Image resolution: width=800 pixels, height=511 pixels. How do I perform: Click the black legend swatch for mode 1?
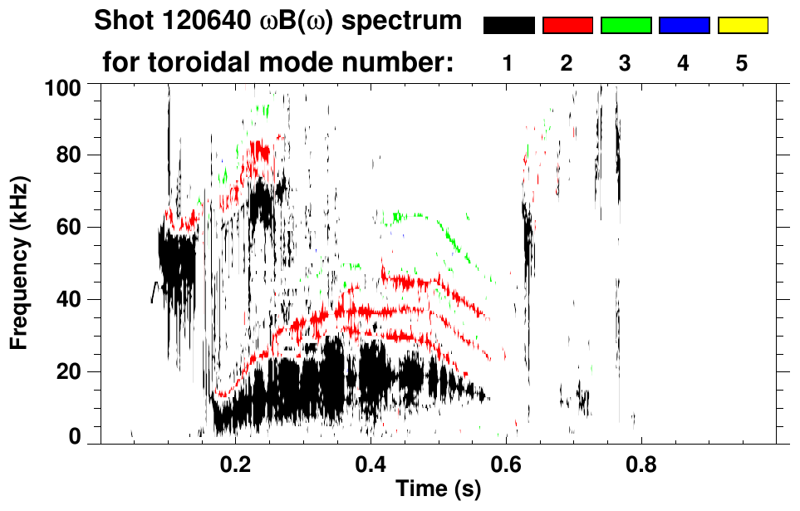tap(508, 26)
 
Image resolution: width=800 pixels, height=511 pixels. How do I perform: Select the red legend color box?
tap(567, 26)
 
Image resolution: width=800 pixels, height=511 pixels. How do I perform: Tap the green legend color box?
tap(626, 26)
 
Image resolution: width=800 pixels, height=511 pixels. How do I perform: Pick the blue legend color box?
tap(684, 26)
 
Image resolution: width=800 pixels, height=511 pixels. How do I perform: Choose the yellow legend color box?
tap(743, 26)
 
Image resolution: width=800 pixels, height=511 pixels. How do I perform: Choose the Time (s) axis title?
tap(438, 489)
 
